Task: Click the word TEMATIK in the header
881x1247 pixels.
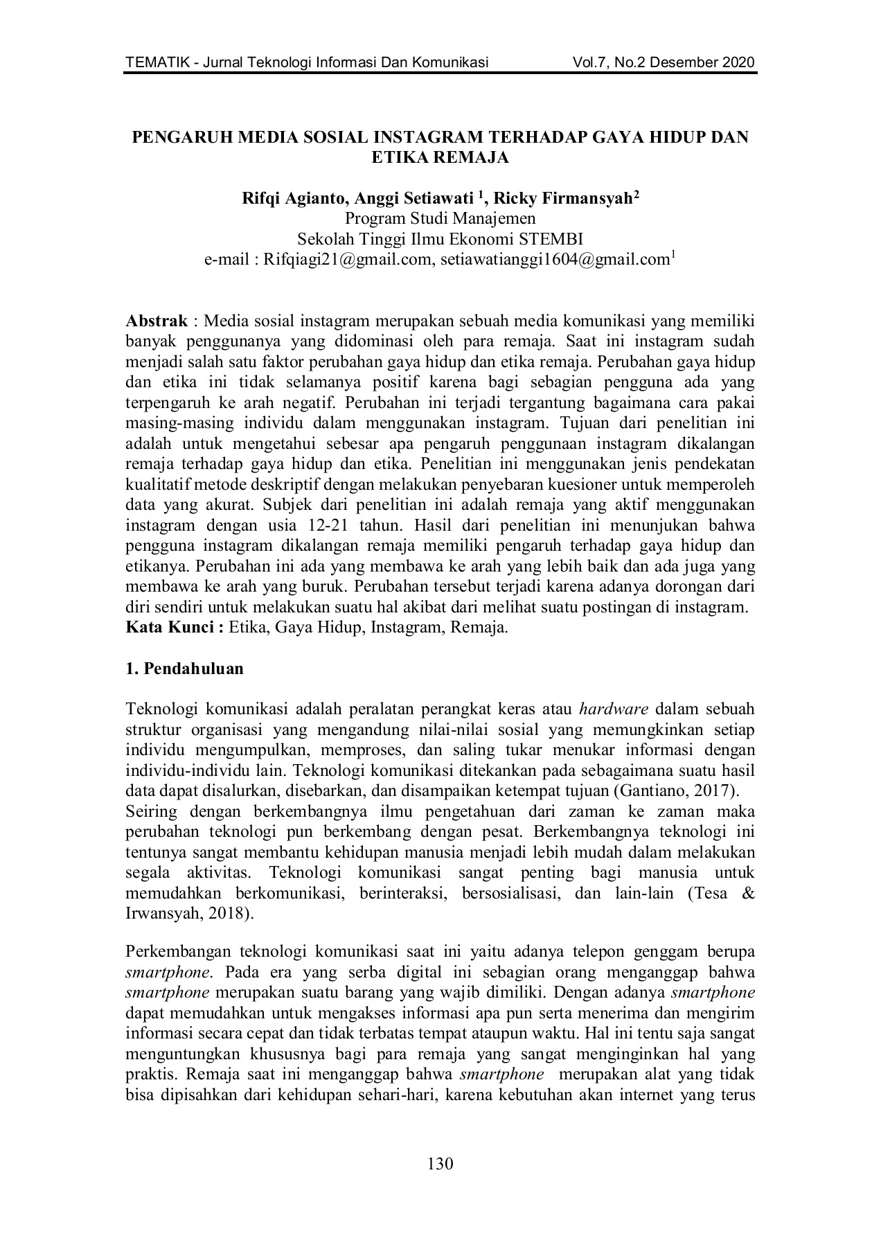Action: click(154, 63)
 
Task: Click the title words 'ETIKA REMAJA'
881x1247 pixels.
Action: click(440, 157)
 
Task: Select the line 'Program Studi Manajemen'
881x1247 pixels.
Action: click(440, 219)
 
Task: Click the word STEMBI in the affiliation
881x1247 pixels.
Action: click(556, 239)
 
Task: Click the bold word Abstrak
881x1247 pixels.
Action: click(157, 321)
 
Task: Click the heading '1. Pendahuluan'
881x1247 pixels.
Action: click(184, 669)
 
